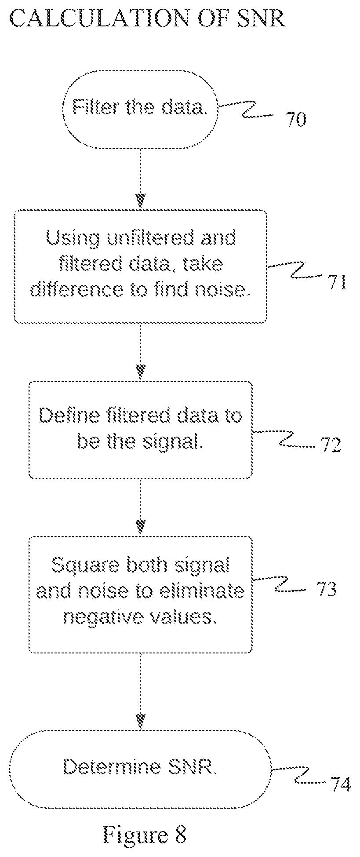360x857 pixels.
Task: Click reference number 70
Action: click(x=296, y=120)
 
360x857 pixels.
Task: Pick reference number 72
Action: click(x=331, y=445)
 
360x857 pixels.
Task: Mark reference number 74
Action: click(x=341, y=784)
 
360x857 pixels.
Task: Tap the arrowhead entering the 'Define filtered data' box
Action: click(x=140, y=372)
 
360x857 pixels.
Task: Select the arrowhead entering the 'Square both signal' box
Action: click(x=140, y=527)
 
